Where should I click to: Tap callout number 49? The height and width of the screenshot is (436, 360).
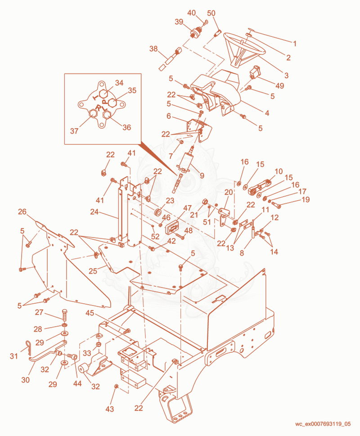click(279, 85)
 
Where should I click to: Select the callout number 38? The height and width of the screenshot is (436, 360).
click(153, 49)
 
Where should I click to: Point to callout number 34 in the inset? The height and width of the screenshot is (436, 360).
click(119, 83)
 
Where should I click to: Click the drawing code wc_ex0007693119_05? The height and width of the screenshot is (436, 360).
click(323, 424)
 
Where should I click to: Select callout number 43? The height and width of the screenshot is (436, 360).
click(110, 409)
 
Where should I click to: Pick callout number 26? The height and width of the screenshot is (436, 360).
click(22, 211)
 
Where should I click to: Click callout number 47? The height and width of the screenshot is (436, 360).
click(187, 208)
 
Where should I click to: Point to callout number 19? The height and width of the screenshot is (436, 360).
click(306, 199)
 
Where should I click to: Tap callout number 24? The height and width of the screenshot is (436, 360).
click(94, 212)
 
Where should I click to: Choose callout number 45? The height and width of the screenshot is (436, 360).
click(90, 313)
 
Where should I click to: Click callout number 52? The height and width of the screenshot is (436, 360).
click(155, 236)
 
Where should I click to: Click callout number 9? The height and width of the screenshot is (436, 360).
click(202, 175)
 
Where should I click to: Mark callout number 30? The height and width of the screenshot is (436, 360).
click(25, 380)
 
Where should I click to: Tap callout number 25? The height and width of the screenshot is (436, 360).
click(93, 271)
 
